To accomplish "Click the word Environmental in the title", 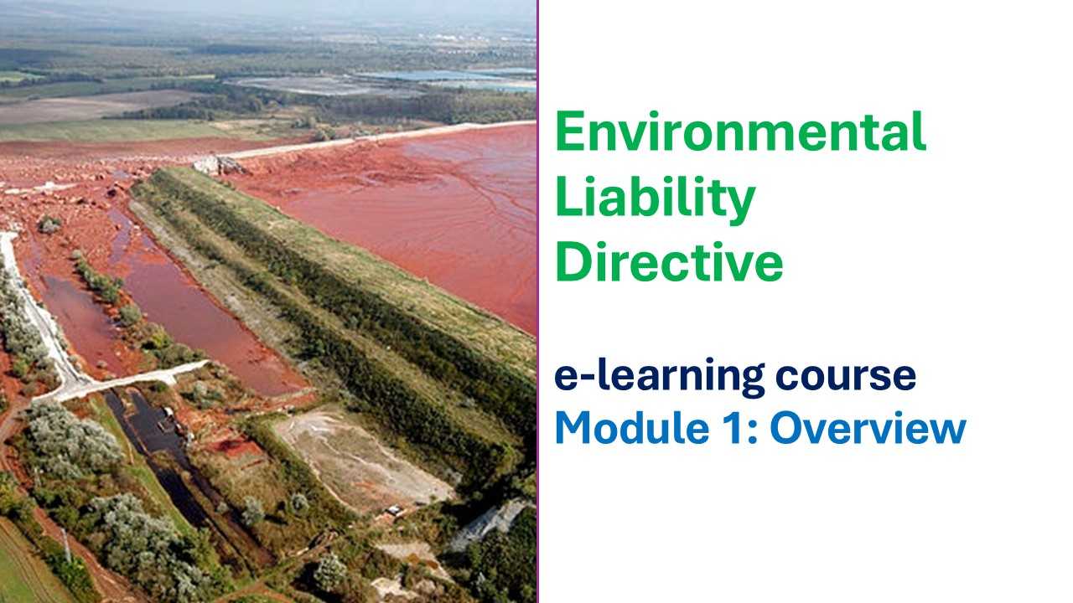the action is pyautogui.click(x=740, y=131).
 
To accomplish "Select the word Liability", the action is pyautogui.click(x=656, y=200).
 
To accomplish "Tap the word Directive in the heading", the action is pyautogui.click(x=669, y=261).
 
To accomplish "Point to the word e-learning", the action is pyautogui.click(x=659, y=377).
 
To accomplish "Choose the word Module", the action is pyautogui.click(x=632, y=427).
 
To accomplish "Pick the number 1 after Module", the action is pyautogui.click(x=733, y=428).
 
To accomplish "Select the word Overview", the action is pyautogui.click(x=868, y=428).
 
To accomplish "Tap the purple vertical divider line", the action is pyautogui.click(x=537, y=301).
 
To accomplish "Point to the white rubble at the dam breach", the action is pyautogui.click(x=219, y=165).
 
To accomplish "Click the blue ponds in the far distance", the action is pyautogui.click(x=445, y=76).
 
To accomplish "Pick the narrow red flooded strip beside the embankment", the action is pyautogui.click(x=201, y=307).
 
